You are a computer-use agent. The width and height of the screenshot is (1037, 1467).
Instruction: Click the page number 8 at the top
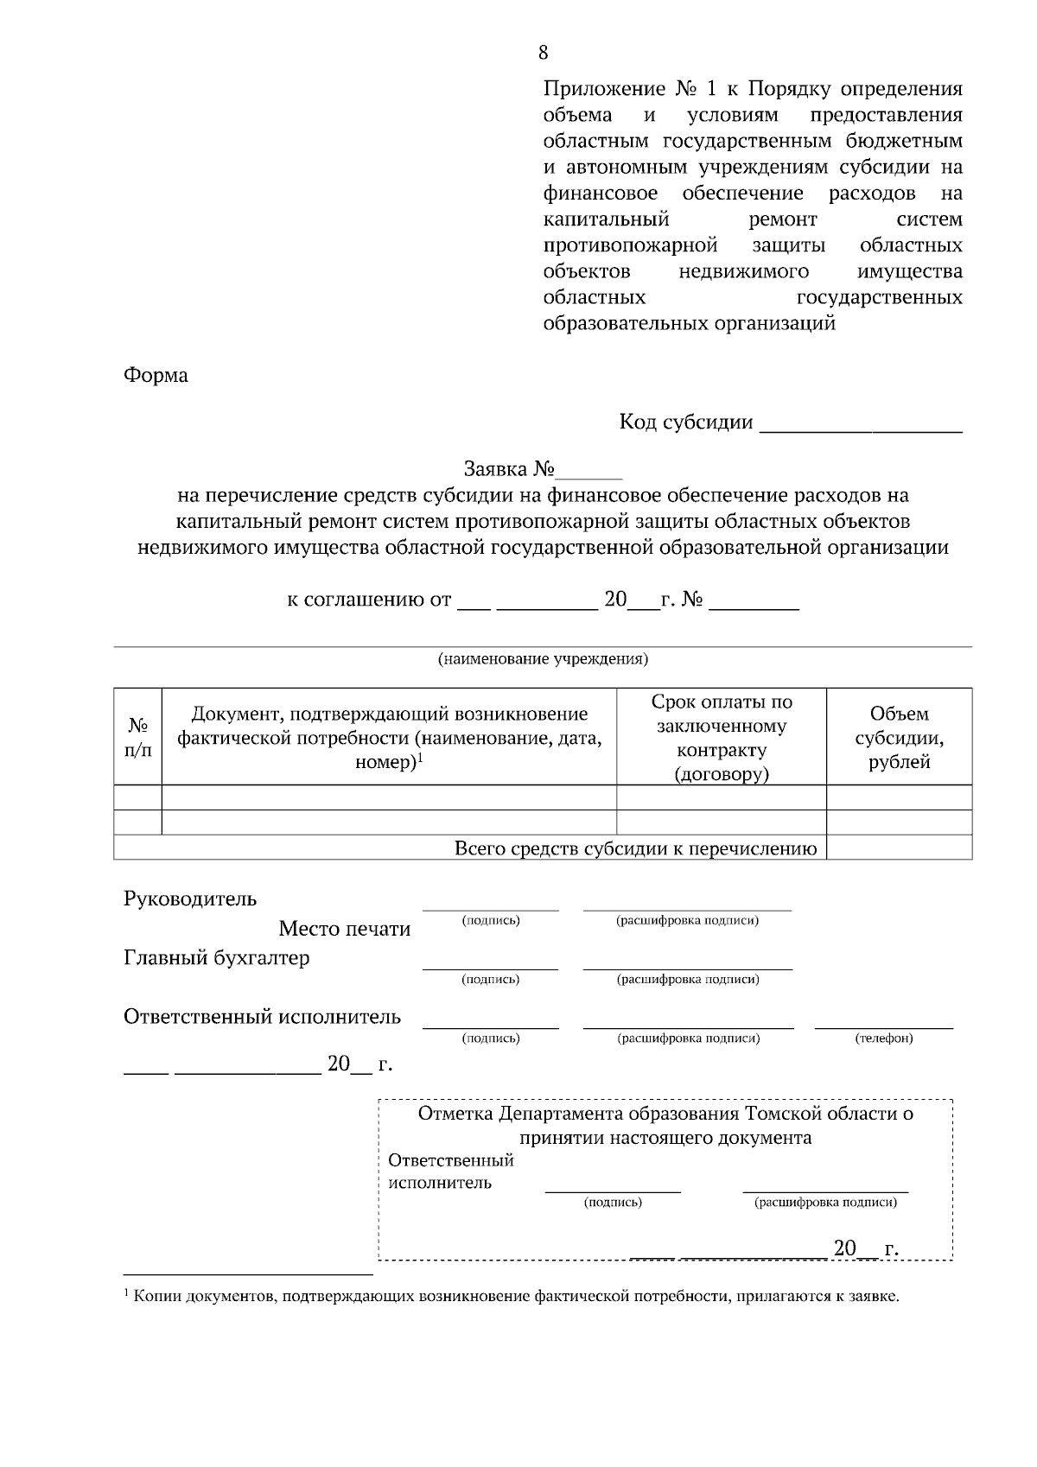click(x=543, y=53)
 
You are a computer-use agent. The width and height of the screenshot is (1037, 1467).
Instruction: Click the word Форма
click(x=156, y=376)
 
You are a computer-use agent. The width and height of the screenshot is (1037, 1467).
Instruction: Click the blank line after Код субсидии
click(x=860, y=425)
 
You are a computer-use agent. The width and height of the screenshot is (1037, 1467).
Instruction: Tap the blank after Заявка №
click(x=589, y=472)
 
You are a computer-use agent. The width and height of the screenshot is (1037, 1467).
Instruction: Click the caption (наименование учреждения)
click(x=543, y=659)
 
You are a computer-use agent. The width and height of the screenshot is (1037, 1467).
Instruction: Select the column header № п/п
click(x=137, y=737)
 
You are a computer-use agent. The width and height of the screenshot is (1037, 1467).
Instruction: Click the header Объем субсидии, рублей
click(x=899, y=737)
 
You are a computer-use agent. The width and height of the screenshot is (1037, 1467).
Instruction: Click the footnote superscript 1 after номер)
click(x=420, y=758)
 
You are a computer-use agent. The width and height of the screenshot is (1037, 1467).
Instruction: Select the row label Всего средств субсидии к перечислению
click(x=635, y=848)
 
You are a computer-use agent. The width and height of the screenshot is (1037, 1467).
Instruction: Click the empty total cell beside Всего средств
click(x=899, y=848)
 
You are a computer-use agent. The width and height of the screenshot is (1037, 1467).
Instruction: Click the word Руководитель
click(x=190, y=899)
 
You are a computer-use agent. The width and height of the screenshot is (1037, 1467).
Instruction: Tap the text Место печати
click(x=344, y=929)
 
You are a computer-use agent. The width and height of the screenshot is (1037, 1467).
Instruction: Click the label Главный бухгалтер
click(x=216, y=958)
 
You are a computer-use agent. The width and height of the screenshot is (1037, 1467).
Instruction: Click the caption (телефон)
click(x=883, y=1038)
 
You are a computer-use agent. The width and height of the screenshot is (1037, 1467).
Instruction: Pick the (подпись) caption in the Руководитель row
click(x=491, y=921)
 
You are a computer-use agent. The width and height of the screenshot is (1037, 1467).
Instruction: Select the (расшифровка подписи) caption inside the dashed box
click(x=825, y=1203)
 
